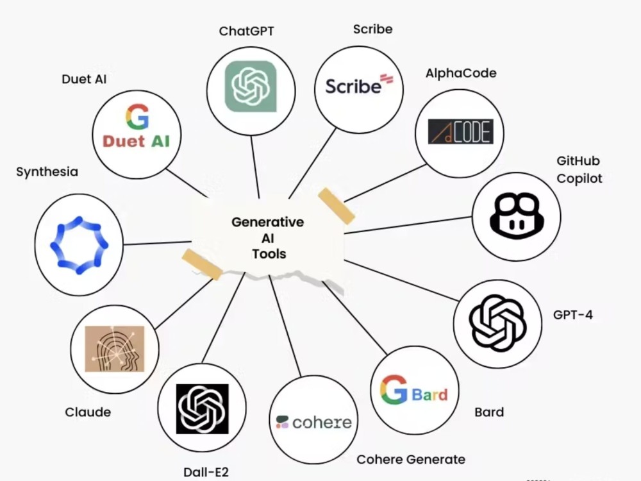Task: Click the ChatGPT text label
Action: (x=247, y=31)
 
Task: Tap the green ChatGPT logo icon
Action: (x=251, y=87)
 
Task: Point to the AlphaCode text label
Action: (x=461, y=73)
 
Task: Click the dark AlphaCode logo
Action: (x=461, y=131)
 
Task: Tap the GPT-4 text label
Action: (x=572, y=315)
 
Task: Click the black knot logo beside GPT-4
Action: (x=497, y=323)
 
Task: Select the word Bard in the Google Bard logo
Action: (x=429, y=394)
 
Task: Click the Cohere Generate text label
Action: (x=411, y=459)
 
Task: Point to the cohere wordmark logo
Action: (x=313, y=422)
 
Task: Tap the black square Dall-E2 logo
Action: (x=203, y=409)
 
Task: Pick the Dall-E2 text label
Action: (x=206, y=473)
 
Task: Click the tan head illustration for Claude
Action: (x=115, y=349)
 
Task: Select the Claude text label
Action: (x=88, y=412)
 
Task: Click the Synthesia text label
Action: (x=47, y=172)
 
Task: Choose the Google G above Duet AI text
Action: (x=137, y=117)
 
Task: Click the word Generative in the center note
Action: (x=268, y=222)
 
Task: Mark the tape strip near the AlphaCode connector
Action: (x=337, y=206)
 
